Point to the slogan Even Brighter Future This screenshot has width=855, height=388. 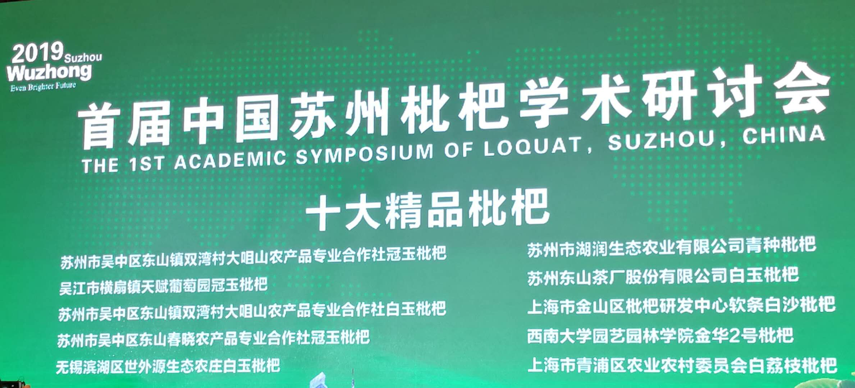tap(43, 87)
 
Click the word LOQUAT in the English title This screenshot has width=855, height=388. tap(532, 147)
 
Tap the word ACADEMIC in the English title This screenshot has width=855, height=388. tap(230, 160)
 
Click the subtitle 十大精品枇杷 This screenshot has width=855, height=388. tap(427, 210)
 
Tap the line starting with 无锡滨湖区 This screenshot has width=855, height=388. tap(168, 366)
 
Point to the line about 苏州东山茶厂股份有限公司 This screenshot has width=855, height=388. tap(663, 276)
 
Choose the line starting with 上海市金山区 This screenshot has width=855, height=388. tap(681, 306)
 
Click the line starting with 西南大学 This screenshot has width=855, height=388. tap(660, 336)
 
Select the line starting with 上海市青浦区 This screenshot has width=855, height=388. tap(682, 366)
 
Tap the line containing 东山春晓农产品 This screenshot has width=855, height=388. tap(213, 338)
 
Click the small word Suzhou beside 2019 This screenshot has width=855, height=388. tap(83, 57)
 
